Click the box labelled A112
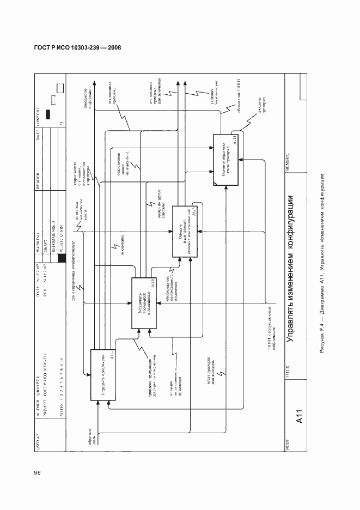pyautogui.click(x=144, y=303)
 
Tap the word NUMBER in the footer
pyautogui.click(x=285, y=162)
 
